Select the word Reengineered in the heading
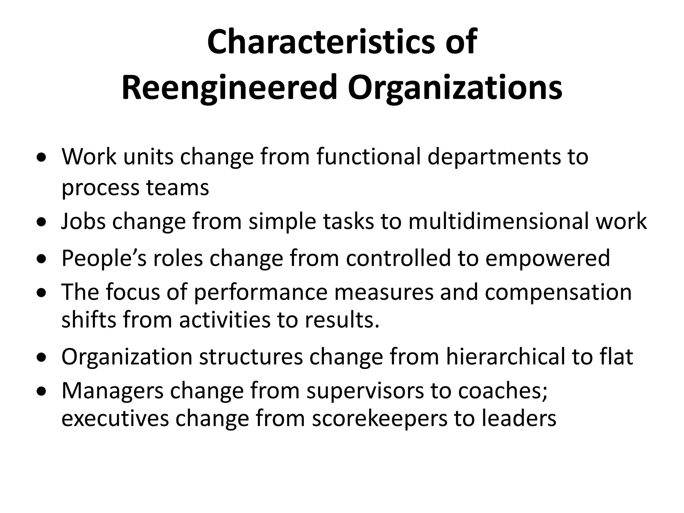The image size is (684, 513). [x=229, y=88]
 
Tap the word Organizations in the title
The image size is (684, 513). [x=455, y=88]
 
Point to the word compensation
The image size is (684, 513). [x=558, y=292]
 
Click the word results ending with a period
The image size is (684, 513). [x=342, y=320]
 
